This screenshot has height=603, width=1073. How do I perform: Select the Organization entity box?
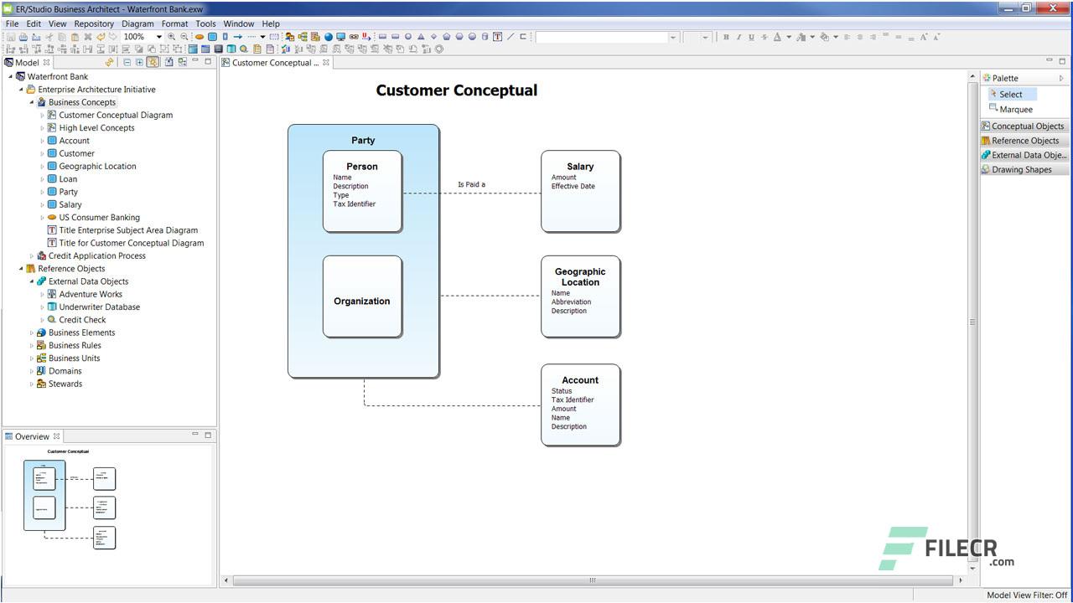click(x=362, y=301)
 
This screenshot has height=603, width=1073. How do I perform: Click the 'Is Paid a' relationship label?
click(x=471, y=184)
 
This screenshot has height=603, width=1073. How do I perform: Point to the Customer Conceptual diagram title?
click(x=456, y=90)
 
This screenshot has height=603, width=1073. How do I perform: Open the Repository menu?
click(x=94, y=24)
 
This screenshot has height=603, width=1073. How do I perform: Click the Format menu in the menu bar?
click(x=175, y=24)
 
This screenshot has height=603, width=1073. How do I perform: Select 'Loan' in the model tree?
click(x=68, y=179)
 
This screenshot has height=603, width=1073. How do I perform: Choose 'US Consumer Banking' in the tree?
click(x=99, y=218)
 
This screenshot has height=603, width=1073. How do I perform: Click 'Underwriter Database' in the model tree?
click(x=99, y=307)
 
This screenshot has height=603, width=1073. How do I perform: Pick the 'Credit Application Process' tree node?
click(x=96, y=256)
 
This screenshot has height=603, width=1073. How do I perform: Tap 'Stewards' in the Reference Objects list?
click(x=65, y=384)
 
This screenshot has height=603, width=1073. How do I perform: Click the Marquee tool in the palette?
click(x=1016, y=110)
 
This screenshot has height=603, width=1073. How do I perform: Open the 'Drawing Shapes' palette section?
click(x=1021, y=170)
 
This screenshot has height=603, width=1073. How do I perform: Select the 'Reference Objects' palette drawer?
click(x=1024, y=141)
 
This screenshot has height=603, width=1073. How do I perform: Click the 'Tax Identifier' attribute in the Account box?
click(x=573, y=400)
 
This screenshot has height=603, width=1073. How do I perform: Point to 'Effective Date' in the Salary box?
click(x=573, y=187)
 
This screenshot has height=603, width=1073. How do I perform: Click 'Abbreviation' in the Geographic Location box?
click(x=571, y=302)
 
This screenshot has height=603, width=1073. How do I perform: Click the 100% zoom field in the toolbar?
click(x=137, y=37)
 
